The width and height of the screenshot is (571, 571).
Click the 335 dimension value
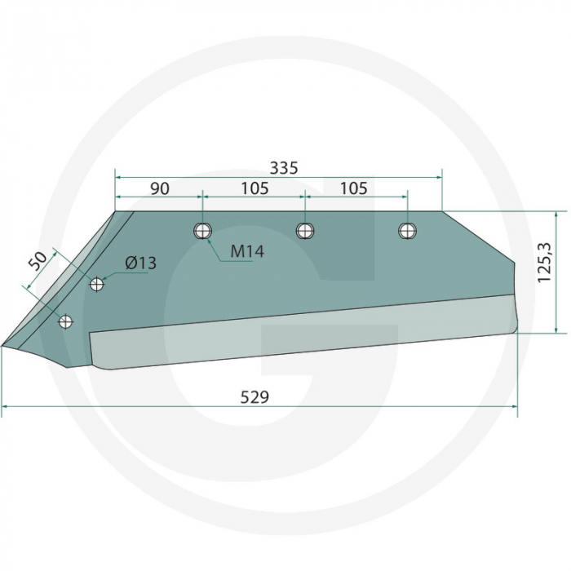[x=284, y=168]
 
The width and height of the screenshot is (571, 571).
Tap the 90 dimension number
[x=160, y=188]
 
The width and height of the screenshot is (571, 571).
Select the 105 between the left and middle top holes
[x=255, y=188]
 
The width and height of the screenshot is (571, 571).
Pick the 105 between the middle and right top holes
[x=353, y=188]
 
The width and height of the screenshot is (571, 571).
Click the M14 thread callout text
[x=246, y=251]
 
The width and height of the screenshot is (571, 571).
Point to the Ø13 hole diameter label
[x=140, y=263]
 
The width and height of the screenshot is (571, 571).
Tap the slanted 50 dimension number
[x=38, y=263]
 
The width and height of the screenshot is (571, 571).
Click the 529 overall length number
[x=255, y=397]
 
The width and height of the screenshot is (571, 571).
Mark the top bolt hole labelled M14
[x=202, y=231]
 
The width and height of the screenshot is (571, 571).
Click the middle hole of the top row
[x=304, y=231]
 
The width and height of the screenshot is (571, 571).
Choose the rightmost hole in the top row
[x=406, y=231]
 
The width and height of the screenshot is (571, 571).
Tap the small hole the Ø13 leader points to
[x=97, y=284]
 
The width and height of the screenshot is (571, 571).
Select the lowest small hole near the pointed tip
[x=66, y=322]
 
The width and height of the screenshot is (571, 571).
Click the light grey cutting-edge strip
[x=302, y=334]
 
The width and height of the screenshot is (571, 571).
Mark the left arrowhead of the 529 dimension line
[x=5, y=405]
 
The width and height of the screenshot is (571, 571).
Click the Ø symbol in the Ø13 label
[x=131, y=263]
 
